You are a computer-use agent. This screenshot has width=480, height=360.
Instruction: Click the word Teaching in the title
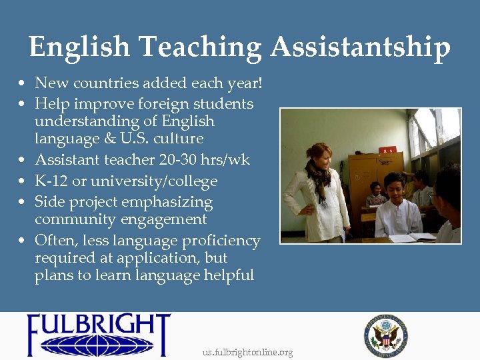(201, 48)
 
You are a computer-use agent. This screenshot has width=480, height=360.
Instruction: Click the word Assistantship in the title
(361, 48)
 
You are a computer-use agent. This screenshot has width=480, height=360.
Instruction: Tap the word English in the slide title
(79, 48)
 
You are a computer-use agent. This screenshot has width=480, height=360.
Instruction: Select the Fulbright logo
(99, 335)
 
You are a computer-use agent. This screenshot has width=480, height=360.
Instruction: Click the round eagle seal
(386, 334)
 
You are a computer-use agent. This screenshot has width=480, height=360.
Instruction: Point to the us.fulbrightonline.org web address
(247, 352)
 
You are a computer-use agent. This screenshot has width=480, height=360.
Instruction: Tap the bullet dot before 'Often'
(23, 241)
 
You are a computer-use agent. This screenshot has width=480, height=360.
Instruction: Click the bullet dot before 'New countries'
(23, 84)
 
